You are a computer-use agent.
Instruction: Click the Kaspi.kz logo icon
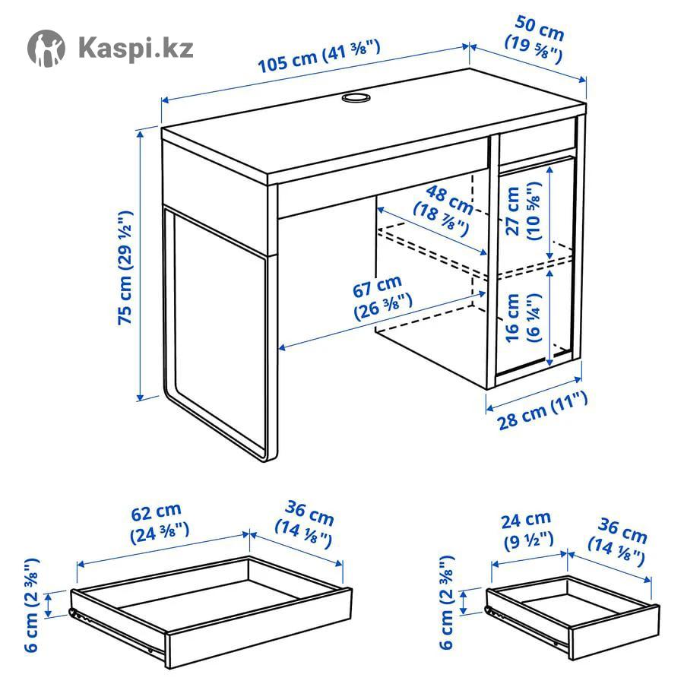coord(46,48)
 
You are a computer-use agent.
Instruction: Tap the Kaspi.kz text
coord(136,47)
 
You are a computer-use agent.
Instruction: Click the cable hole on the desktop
coord(356,97)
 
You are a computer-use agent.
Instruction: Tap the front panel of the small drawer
coord(615,633)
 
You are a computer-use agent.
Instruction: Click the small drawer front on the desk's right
coord(537,141)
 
